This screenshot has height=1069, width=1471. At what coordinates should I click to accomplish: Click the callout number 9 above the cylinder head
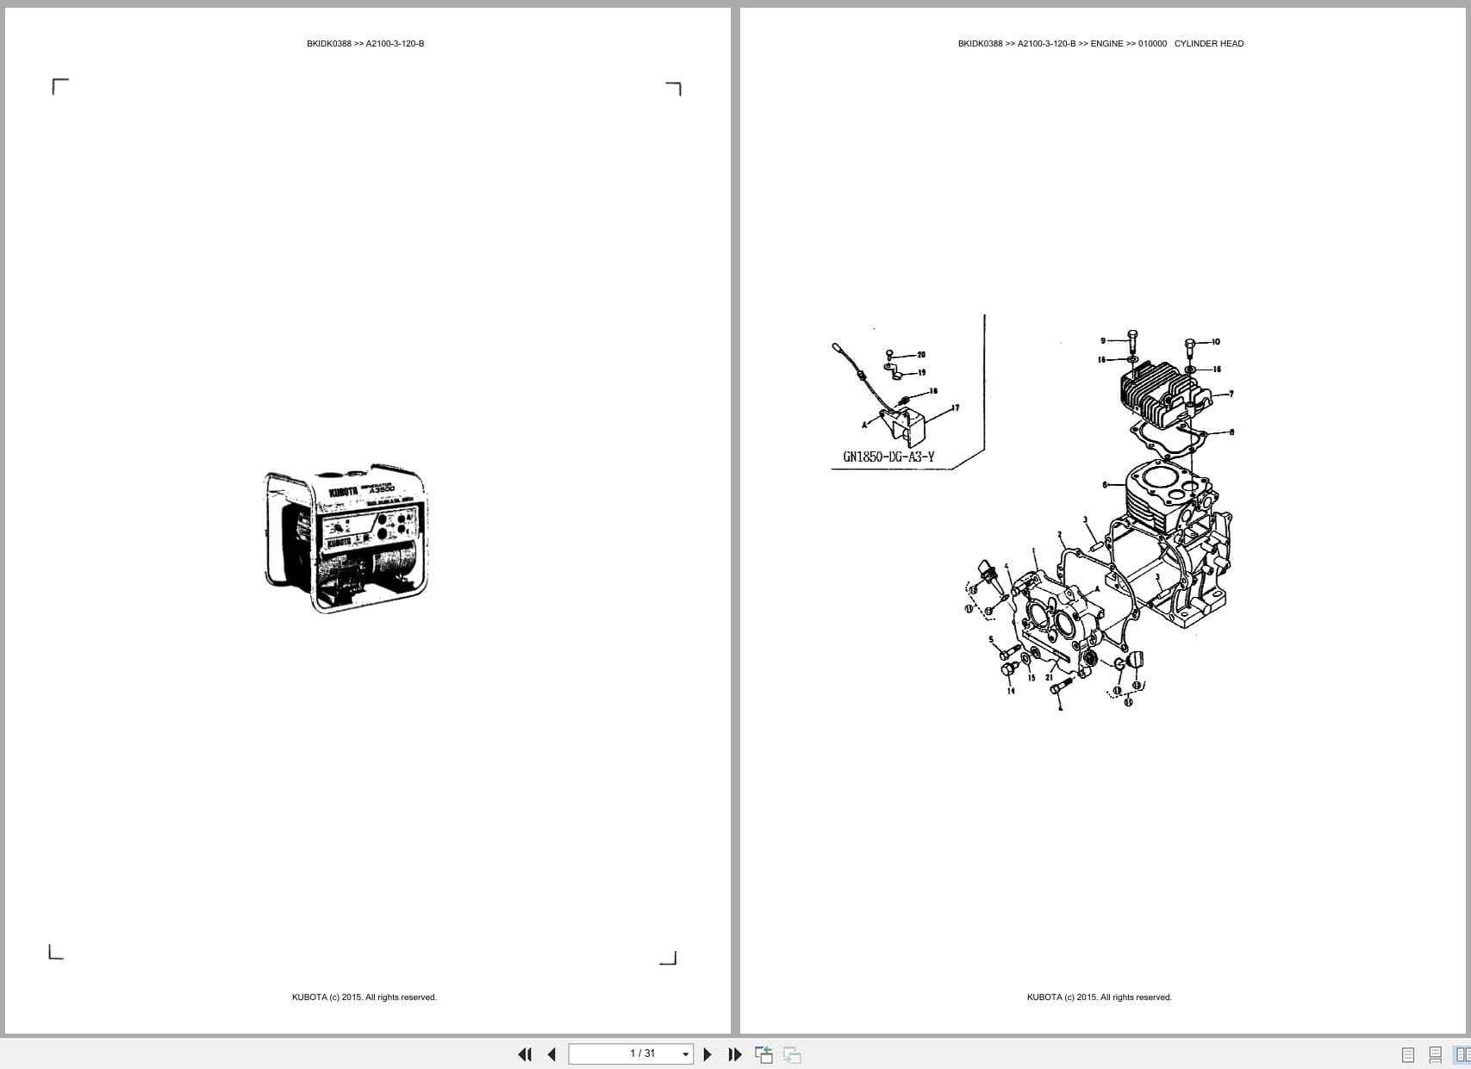coord(1103,341)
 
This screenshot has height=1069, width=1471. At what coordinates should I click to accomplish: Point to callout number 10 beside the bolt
coord(1216,342)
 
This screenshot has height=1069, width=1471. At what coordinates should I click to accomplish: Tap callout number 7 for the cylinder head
coord(1231,394)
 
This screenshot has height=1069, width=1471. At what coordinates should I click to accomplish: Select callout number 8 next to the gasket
coord(1232,432)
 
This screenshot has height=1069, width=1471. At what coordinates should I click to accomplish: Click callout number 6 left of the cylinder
coord(1106,485)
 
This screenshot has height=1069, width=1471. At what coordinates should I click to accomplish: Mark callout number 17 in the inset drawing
coord(955,407)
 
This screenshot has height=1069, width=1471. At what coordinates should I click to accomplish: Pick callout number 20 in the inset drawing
coord(921,355)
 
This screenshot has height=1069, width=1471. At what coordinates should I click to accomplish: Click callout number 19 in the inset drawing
coord(921,373)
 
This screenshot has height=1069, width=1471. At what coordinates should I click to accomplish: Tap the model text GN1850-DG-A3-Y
coord(888,457)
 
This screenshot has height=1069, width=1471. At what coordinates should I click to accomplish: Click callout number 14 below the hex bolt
coord(1011,691)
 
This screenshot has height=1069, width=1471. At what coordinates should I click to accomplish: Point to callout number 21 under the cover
coord(1050,678)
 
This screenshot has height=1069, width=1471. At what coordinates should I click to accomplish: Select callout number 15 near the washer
coord(1032,678)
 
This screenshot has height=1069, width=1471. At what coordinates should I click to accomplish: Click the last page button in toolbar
coord(735,1054)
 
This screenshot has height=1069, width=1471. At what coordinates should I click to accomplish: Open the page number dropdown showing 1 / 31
coord(685,1054)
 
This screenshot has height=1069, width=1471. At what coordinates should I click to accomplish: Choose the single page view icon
coord(1408,1054)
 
